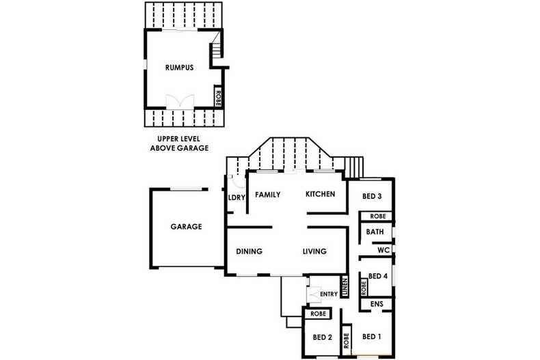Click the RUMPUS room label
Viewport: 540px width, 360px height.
tap(179, 68)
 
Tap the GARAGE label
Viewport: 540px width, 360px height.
tap(186, 227)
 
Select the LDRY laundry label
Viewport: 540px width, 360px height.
tap(237, 197)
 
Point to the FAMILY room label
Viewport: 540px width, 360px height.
tap(267, 195)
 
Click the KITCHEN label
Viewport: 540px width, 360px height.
tap(321, 194)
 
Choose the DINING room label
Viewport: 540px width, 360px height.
tap(249, 251)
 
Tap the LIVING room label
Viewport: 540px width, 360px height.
tap(314, 251)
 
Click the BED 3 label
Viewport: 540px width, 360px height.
tap(372, 196)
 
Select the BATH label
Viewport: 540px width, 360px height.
tap(375, 232)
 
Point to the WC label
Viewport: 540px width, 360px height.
tap(383, 250)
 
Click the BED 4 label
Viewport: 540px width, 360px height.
tap(378, 276)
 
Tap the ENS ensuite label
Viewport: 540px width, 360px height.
tap(377, 304)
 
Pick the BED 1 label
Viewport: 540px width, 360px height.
tap(372, 337)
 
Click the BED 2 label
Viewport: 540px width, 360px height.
tap(323, 337)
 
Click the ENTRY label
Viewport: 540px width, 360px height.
tap(329, 294)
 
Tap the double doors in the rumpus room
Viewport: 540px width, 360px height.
tap(180, 102)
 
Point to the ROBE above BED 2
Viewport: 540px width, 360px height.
tap(319, 314)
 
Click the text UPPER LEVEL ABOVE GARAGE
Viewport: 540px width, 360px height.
tap(179, 143)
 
